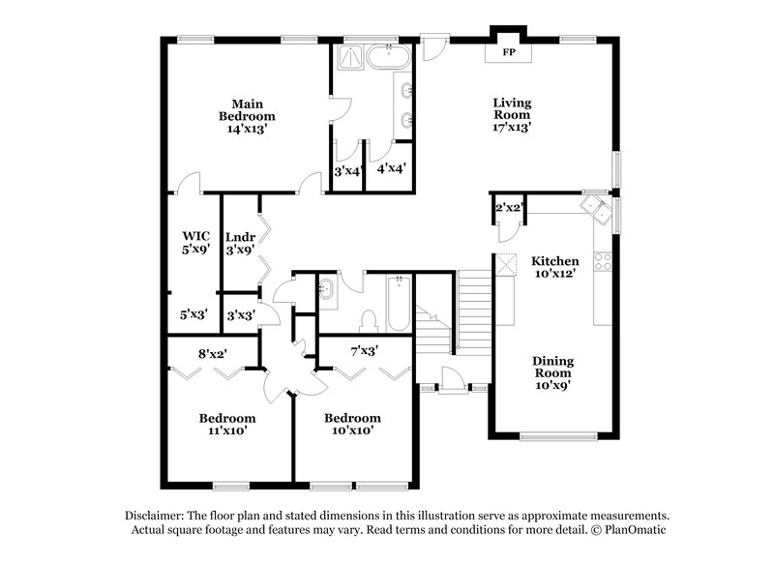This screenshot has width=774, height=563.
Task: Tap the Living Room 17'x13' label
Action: point(513,114)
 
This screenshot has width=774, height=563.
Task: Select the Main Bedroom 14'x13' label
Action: point(248,114)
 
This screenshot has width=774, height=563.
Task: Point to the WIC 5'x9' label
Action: point(196,242)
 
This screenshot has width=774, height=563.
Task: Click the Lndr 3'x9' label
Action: point(240,242)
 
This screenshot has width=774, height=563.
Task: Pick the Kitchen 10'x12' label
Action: point(554,268)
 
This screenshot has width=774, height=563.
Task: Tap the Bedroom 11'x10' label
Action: point(227,424)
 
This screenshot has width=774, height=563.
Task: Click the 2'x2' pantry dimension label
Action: point(509,207)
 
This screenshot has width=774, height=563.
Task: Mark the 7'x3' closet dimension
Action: point(364,350)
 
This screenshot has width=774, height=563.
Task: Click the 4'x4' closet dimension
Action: point(391,168)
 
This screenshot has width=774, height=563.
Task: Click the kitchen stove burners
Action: point(601,260)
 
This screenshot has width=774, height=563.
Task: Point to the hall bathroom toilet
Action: point(367,319)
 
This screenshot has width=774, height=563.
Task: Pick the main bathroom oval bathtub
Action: point(388,59)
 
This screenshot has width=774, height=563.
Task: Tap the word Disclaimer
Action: point(156,517)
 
